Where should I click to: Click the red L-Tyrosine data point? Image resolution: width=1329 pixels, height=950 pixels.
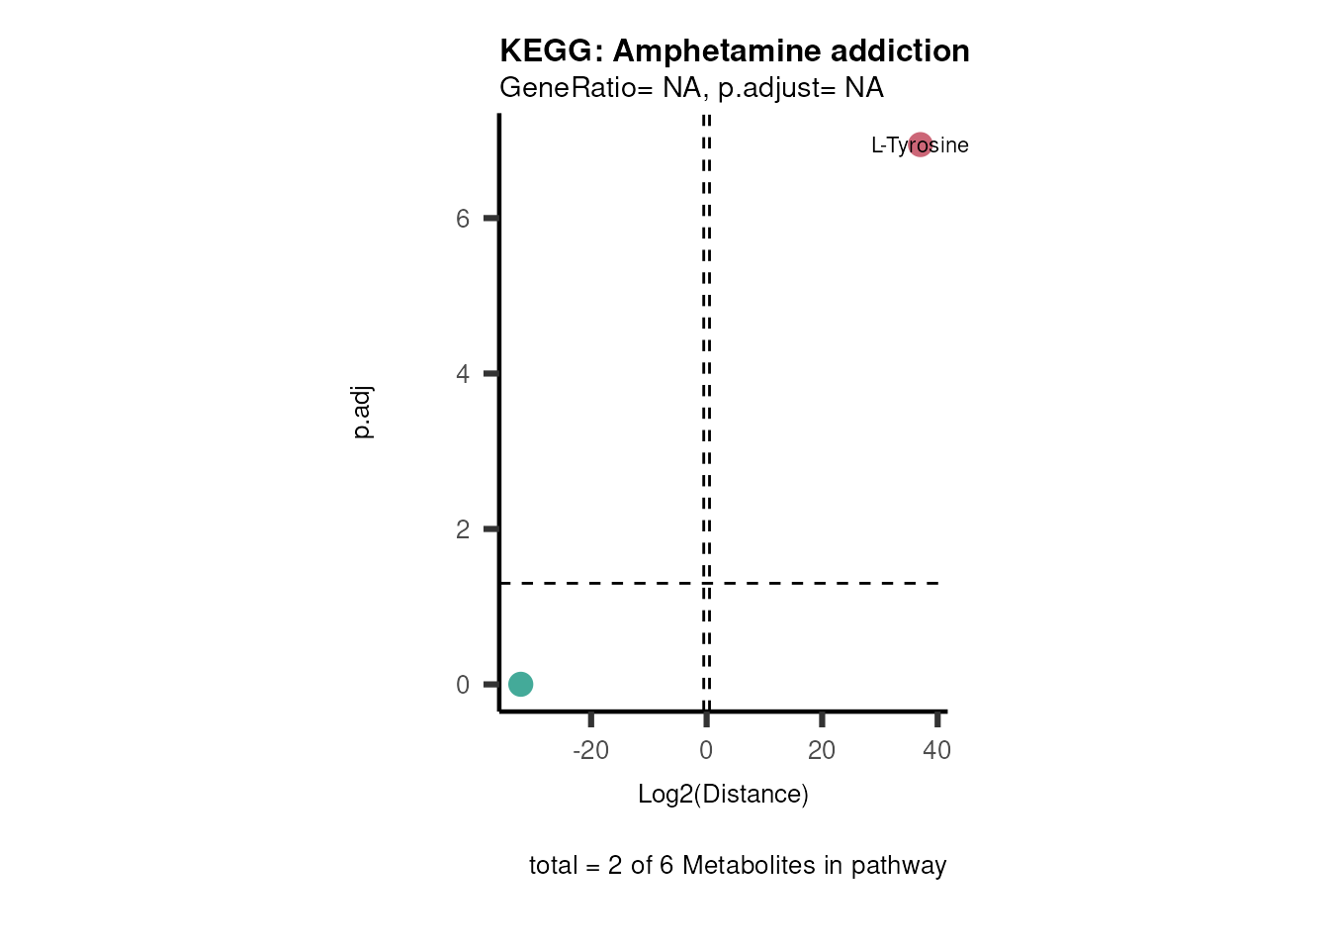point(920,144)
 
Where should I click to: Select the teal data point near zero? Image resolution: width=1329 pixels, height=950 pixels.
point(520,684)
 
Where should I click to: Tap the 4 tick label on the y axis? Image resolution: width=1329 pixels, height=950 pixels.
point(463,374)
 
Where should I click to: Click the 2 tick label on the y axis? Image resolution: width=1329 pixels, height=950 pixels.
point(463,529)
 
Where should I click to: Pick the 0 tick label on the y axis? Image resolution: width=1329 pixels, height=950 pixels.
point(463,685)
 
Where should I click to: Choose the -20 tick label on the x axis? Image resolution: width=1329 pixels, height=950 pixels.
point(590,750)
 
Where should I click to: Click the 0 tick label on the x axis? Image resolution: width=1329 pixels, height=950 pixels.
point(706,750)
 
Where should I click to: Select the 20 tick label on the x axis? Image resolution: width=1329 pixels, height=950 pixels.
point(822,750)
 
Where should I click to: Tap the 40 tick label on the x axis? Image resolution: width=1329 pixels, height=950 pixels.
point(936,750)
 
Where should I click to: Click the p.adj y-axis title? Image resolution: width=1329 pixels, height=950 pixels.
point(363,413)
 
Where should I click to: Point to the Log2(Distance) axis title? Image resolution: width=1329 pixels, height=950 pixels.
point(723,794)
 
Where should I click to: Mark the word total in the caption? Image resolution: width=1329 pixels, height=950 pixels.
point(553,865)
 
